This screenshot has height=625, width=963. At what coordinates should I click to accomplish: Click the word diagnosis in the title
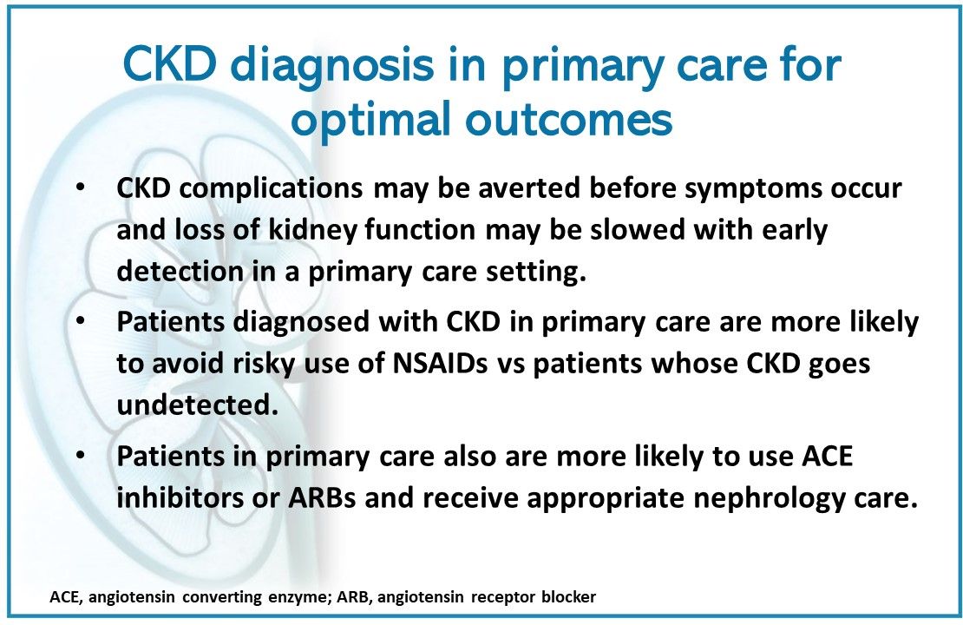pyautogui.click(x=333, y=65)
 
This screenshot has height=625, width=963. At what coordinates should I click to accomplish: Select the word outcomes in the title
pyautogui.click(x=569, y=121)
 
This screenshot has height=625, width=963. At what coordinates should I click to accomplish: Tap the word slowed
pyautogui.click(x=638, y=229)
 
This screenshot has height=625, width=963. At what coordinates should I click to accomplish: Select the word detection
pyautogui.click(x=180, y=271)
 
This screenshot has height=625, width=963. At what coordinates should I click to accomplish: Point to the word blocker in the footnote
pyautogui.click(x=569, y=596)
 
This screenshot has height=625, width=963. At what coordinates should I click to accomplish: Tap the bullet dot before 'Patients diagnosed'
pyautogui.click(x=81, y=321)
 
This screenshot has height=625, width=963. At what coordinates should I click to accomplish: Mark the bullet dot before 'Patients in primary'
pyautogui.click(x=81, y=455)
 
